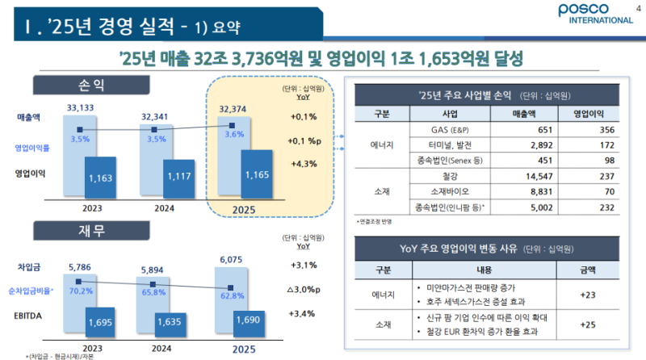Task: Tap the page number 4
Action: [628, 8]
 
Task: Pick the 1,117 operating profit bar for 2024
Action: [180, 176]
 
